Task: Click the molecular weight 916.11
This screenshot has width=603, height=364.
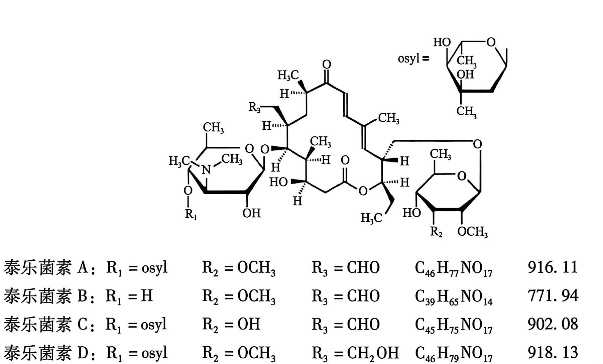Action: click(x=553, y=267)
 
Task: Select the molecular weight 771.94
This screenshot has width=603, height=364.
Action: click(x=553, y=296)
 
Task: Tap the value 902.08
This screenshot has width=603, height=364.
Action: click(x=553, y=324)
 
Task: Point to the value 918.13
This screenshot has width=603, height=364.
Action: click(x=553, y=352)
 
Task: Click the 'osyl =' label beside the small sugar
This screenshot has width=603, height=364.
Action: click(x=413, y=59)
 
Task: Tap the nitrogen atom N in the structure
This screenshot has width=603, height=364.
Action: click(x=207, y=169)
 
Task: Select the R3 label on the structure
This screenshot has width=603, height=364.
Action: click(x=255, y=108)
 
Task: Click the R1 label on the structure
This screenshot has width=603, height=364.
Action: click(x=191, y=214)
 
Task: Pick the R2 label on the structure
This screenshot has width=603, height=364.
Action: click(x=436, y=232)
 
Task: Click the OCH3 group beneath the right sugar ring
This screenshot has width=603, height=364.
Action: click(x=472, y=232)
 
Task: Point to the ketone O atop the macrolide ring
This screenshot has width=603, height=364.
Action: click(x=327, y=65)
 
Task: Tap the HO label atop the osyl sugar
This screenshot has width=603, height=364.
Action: click(x=442, y=42)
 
